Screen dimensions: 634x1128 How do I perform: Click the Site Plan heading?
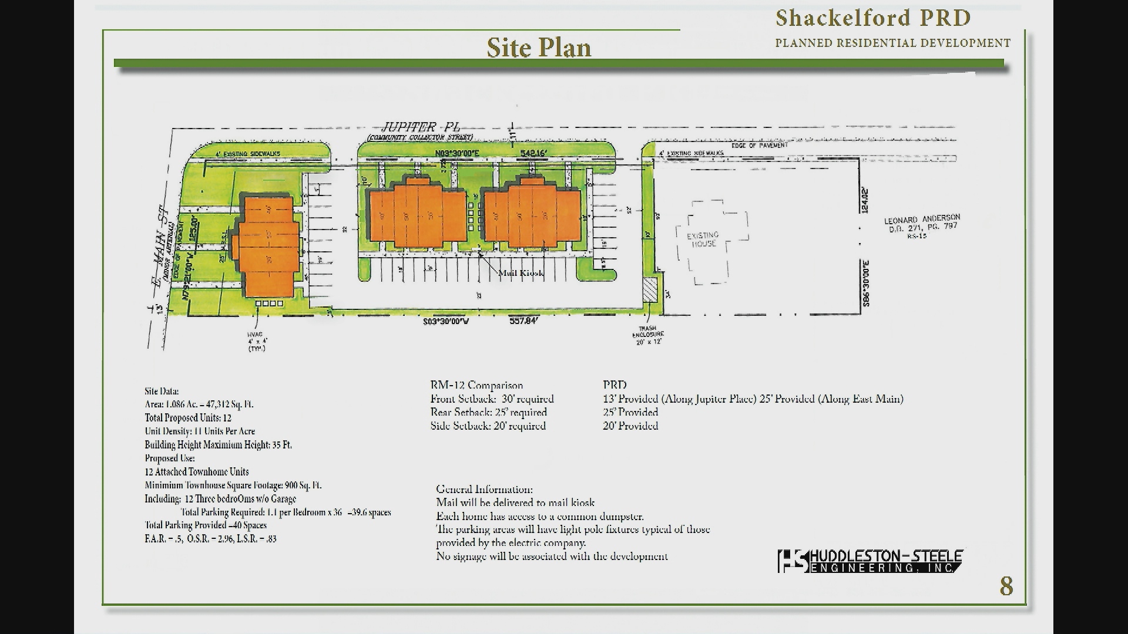click(539, 48)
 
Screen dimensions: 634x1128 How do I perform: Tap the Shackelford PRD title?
click(872, 18)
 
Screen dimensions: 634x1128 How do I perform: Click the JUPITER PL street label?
click(421, 127)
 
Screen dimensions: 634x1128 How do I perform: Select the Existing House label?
click(703, 240)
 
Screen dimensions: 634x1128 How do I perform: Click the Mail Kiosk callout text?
click(521, 273)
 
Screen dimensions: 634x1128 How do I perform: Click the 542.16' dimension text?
click(533, 153)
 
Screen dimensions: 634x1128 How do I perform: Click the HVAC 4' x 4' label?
click(257, 341)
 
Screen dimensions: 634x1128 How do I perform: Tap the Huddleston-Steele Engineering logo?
click(870, 561)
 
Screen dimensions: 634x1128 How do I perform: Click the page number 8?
click(1006, 586)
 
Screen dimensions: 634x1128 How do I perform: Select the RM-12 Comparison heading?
click(476, 385)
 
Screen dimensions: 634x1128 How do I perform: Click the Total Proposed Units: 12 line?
click(188, 418)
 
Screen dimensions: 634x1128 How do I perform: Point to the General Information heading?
click(484, 489)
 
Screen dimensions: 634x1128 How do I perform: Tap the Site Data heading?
click(162, 391)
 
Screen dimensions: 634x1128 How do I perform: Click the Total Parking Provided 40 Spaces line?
click(206, 525)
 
